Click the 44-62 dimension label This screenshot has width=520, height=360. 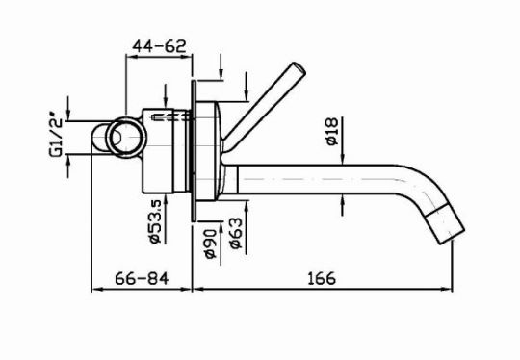(x=159, y=46)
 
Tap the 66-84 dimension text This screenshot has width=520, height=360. (x=142, y=278)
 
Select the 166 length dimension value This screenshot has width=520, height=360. (x=322, y=278)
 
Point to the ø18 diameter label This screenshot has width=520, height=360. (x=331, y=131)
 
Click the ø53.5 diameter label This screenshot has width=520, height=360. (x=155, y=221)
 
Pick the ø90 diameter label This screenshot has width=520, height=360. (x=210, y=244)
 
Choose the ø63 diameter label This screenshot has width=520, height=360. (x=236, y=233)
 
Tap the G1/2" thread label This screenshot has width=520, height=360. (x=56, y=138)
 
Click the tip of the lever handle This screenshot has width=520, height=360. (x=299, y=67)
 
